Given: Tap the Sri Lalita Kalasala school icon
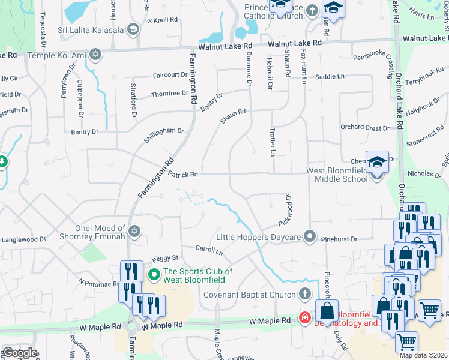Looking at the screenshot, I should [133, 29].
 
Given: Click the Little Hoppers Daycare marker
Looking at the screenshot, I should [309, 236].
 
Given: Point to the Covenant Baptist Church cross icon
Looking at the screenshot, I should [304, 294].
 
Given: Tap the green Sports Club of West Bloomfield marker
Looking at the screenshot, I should [154, 275].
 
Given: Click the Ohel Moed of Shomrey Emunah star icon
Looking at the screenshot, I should [134, 231].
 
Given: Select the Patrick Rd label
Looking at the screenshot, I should [183, 175].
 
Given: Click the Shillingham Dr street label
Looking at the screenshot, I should [164, 134].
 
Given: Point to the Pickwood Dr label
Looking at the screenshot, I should [286, 210].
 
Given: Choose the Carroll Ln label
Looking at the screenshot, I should [209, 248].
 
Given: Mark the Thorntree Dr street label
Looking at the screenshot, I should [170, 94].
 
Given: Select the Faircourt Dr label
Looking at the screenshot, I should [170, 75].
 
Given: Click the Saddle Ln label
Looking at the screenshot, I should [330, 77].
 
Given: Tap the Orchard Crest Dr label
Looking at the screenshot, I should [364, 127].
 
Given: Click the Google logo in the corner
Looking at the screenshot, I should [19, 353].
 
